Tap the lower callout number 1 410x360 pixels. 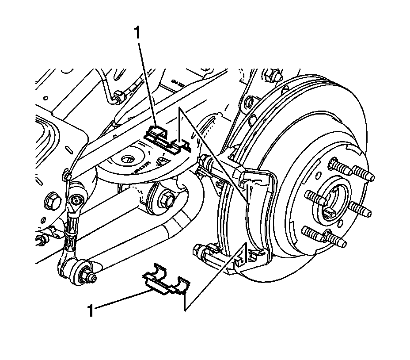pyautogui.click(x=91, y=310)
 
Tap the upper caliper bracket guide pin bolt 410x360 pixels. pyautogui.click(x=205, y=161)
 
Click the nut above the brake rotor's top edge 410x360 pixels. pyautogui.click(x=273, y=75)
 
